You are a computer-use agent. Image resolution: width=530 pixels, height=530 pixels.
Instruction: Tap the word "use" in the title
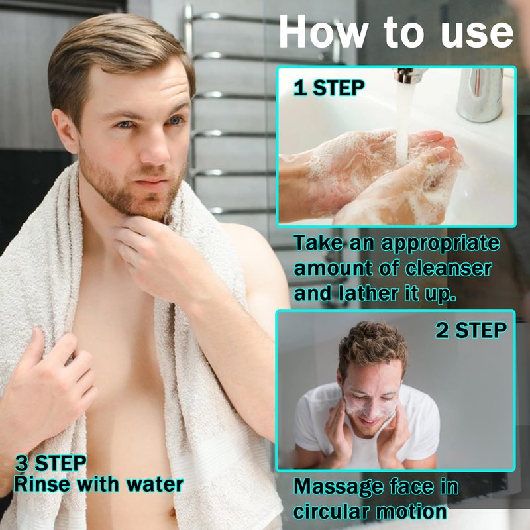click(477, 34)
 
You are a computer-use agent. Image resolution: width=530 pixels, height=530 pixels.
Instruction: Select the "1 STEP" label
click(329, 88)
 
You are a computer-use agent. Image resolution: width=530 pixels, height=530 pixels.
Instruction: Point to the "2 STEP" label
click(471, 330)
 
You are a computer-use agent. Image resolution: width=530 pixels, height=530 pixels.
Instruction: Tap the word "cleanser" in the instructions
click(449, 269)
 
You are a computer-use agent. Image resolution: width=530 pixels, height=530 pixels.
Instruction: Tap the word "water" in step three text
click(155, 484)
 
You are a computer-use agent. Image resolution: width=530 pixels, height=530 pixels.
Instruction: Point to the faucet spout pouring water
click(409, 75)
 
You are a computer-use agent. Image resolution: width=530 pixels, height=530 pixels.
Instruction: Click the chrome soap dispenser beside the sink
click(480, 95)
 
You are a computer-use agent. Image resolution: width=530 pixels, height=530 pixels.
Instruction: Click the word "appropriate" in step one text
click(440, 244)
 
